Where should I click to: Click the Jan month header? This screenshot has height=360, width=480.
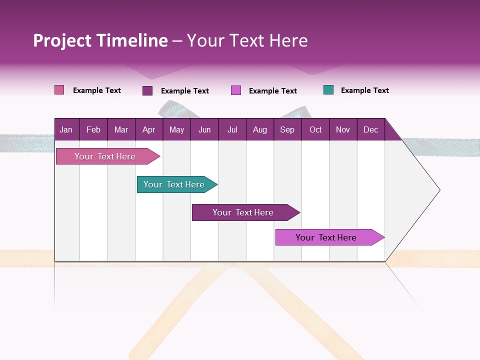pos(66,129)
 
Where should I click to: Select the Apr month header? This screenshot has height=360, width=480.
pos(149,129)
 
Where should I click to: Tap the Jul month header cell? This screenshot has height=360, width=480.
pos(232,129)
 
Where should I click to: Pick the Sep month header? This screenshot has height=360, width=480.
pos(287,129)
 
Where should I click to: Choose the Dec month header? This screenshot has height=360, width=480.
pos(371,129)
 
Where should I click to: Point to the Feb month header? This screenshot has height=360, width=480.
pos(93,129)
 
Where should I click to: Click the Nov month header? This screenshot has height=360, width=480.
pos(343,129)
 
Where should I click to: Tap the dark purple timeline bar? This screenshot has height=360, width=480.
pos(243,212)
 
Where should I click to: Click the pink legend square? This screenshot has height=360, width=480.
pos(59,90)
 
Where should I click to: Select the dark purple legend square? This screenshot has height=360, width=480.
pos(147,90)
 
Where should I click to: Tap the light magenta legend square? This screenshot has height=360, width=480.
pos(236,90)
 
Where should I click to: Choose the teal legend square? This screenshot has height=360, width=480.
pos(328,90)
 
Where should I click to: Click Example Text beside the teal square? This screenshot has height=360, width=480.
pos(365,90)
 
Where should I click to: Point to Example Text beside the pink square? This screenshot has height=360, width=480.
pos(97,90)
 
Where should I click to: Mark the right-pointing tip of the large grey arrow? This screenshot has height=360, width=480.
pos(438,190)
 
